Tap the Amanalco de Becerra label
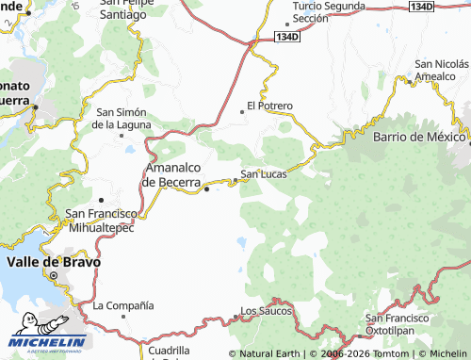pos(171,175)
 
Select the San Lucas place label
pos(264,173)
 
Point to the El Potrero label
pos(270,106)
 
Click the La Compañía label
pos(122,306)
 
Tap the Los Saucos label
pos(267,310)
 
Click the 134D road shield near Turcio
pos(287,37)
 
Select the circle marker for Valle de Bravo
pos(53,275)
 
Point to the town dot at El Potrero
pos(242,110)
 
